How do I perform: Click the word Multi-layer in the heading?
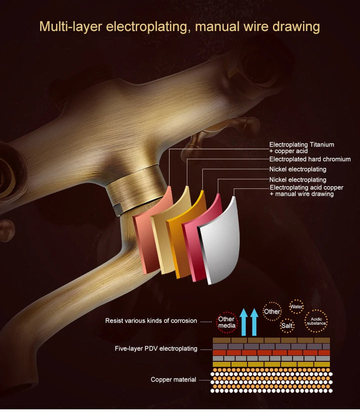[x=70, y=27]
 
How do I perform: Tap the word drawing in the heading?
[x=295, y=27]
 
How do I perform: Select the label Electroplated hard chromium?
[x=310, y=159]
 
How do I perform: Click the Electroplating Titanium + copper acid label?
[x=301, y=148]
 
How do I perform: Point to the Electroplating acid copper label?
[x=306, y=191]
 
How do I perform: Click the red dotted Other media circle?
[x=226, y=322]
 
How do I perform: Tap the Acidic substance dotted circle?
[x=316, y=321]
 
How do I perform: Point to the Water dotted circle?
[x=296, y=307]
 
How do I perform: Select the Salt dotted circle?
[x=287, y=326]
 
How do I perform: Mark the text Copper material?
[x=173, y=379]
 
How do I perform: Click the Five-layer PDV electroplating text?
[x=156, y=349]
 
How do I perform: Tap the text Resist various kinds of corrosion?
[x=151, y=320]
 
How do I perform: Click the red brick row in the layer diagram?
[x=271, y=352]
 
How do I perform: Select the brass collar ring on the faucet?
[x=136, y=188]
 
